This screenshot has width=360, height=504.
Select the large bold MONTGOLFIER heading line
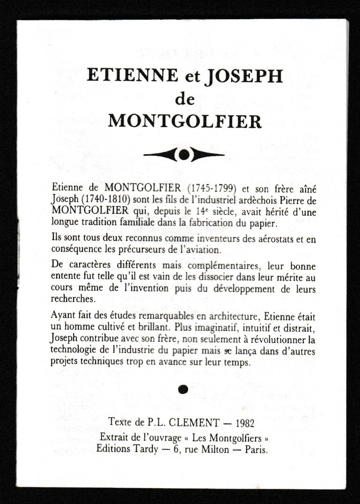(185, 121)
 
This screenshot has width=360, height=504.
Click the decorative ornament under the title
(184, 154)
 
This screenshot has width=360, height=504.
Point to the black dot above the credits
(184, 388)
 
